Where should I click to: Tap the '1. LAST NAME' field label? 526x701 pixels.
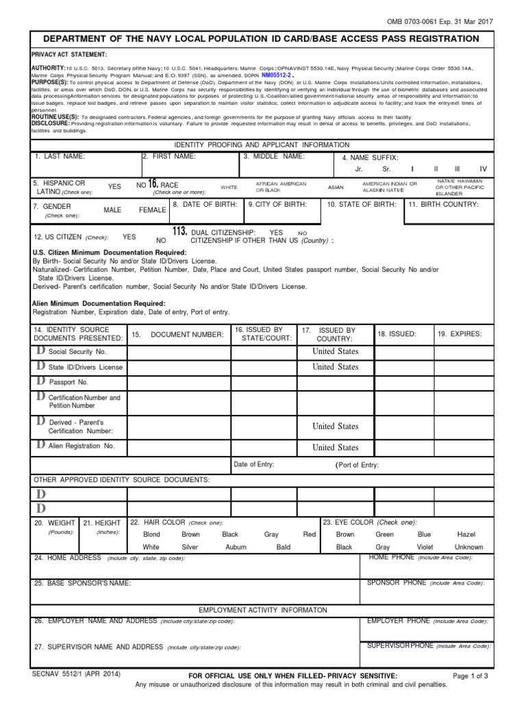[60, 157]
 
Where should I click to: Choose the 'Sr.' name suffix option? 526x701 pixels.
[386, 168]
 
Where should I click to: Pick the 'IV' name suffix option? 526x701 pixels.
[483, 168]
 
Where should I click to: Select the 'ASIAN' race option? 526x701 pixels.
[336, 187]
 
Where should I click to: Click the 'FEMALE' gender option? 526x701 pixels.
[153, 210]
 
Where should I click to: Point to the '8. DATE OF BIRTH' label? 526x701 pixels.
[205, 204]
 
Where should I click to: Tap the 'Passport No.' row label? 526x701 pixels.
[68, 382]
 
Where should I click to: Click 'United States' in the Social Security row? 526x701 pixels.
[335, 351]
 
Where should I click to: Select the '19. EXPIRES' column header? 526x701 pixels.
[460, 333]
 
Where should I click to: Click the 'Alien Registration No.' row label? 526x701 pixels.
[82, 446]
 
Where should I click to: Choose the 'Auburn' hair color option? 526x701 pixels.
[236, 547]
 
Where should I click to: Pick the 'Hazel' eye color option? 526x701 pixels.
[466, 534]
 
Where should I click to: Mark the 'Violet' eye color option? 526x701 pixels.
[425, 547]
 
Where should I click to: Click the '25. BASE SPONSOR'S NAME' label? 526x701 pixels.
[83, 583]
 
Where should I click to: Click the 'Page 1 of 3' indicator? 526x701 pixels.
[471, 676]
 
